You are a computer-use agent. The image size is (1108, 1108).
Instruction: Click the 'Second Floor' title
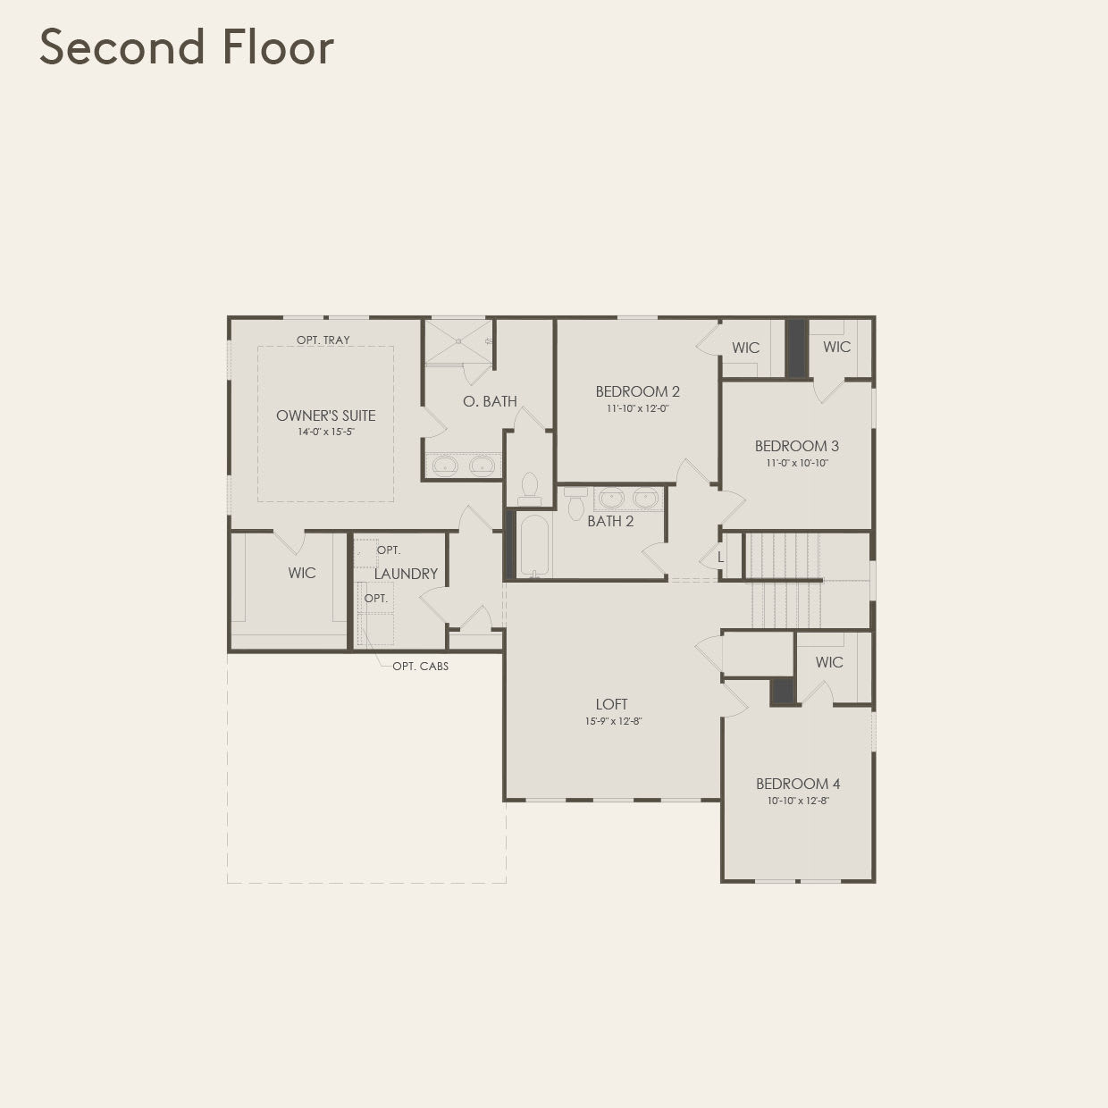pos(187,47)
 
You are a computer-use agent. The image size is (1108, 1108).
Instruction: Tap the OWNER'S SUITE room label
pos(325,415)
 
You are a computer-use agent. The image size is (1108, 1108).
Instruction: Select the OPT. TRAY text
pos(323,340)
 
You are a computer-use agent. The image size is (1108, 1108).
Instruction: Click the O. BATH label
pos(490,401)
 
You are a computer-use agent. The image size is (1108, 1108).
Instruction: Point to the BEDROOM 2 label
pos(637,391)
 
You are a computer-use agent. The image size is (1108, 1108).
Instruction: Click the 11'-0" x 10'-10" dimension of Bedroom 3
pos(796,463)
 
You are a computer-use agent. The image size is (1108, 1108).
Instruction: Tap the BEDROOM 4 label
pos(798,784)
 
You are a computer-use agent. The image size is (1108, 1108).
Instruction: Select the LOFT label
pos(612,704)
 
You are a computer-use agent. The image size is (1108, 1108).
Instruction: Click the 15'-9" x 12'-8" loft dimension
pos(613,721)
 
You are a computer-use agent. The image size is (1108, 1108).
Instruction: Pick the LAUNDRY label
pos(406,574)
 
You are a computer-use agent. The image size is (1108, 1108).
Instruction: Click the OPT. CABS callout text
pos(420,667)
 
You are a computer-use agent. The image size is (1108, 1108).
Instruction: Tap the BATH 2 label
pos(610,521)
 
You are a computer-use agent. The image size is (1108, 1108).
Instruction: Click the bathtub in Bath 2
pos(535,544)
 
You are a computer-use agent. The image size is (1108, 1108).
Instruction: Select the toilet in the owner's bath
pos(530,486)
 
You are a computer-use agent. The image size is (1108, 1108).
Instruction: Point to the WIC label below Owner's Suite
pos(302,573)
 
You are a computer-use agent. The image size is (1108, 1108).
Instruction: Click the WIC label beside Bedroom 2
pos(745,348)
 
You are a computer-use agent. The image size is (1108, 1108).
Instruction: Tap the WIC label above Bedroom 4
pos(829,662)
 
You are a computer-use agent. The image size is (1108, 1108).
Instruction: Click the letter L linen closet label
pos(720,558)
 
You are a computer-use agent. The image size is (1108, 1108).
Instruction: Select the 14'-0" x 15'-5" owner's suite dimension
pos(325,432)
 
